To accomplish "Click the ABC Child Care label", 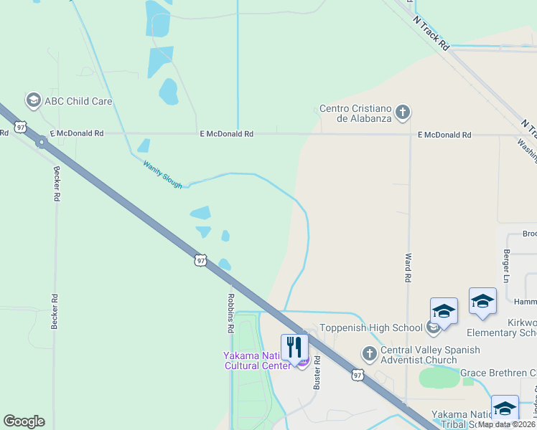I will (78, 101).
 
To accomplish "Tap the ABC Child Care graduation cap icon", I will (33, 100).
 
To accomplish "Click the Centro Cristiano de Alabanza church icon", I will (403, 112).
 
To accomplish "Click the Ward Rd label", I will (408, 267).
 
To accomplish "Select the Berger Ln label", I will (507, 266).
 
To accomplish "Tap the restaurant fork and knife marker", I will (294, 348).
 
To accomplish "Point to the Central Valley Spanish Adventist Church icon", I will (369, 354).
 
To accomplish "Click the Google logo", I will (24, 421).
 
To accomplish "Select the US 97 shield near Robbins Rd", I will (200, 260).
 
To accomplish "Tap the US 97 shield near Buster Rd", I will (358, 374).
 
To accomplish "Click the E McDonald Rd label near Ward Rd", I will (445, 135).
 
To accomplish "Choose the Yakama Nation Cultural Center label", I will (258, 360).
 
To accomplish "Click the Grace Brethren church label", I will (498, 373).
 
